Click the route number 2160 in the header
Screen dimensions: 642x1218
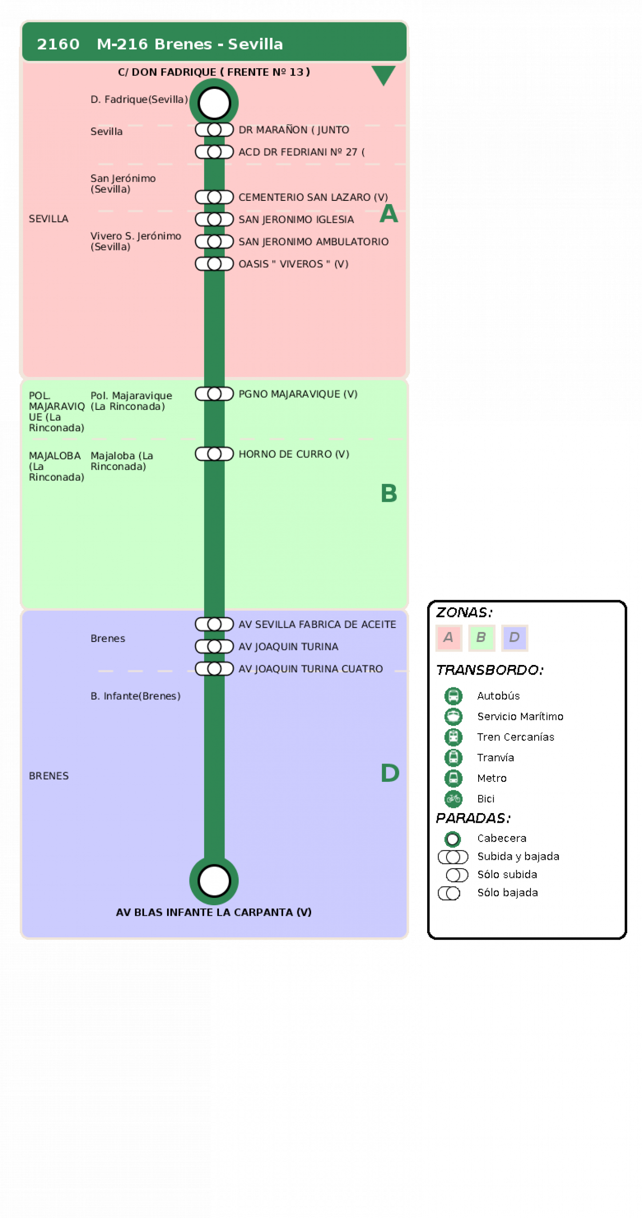(x=58, y=44)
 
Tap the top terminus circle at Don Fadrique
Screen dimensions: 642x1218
(x=214, y=103)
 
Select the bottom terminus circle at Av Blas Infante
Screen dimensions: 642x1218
(x=214, y=880)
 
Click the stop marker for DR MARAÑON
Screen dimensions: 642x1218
(x=214, y=130)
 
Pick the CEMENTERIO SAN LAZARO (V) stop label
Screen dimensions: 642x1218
(x=313, y=197)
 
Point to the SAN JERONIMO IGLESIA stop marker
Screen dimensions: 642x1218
(x=214, y=219)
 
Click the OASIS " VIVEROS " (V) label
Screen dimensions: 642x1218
(x=293, y=264)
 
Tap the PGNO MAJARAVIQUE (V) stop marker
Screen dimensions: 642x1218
(x=214, y=394)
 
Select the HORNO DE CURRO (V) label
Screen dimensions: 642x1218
(x=294, y=454)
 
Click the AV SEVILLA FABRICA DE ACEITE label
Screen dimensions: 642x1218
(x=317, y=624)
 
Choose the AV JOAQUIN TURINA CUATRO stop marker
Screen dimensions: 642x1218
(x=214, y=669)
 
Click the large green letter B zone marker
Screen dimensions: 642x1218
(x=389, y=493)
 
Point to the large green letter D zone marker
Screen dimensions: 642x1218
(x=390, y=773)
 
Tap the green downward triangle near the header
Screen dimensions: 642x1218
(x=383, y=75)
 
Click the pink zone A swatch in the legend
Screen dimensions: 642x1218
(x=448, y=638)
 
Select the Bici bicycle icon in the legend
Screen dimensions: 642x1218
(x=453, y=798)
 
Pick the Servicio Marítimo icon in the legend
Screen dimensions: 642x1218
(x=453, y=716)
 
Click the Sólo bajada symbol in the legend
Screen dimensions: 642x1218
(x=449, y=893)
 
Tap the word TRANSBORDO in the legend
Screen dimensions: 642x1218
(x=490, y=670)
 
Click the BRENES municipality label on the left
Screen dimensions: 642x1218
(x=49, y=776)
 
